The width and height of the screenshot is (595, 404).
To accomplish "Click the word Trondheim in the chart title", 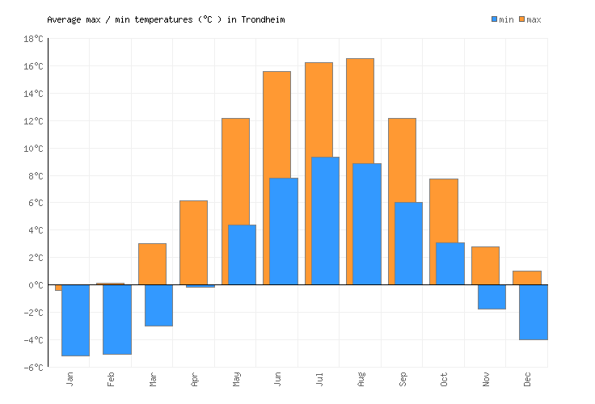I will click(x=263, y=19).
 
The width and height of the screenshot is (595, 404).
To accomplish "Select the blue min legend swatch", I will click(x=494, y=19).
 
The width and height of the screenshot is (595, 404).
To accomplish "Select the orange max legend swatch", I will click(x=521, y=19).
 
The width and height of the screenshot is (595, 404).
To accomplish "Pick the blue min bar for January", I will click(x=75, y=320).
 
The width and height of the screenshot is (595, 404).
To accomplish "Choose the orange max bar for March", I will click(x=152, y=263).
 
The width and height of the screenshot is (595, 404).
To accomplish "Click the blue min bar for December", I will click(x=533, y=312).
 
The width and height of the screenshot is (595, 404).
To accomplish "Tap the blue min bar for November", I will click(x=492, y=297).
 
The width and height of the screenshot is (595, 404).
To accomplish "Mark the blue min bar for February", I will click(x=117, y=319).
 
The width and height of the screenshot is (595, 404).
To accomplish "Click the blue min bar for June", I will click(x=283, y=231).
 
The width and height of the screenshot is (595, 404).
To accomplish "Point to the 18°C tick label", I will click(x=33, y=39).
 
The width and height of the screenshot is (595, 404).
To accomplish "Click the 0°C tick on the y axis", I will click(x=35, y=285).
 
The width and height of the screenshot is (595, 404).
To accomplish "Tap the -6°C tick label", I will click(x=33, y=368).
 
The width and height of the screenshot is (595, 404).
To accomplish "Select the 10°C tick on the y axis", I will click(x=33, y=149).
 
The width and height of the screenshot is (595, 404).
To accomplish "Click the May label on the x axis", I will click(x=236, y=378).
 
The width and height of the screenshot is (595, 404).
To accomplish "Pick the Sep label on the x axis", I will click(x=403, y=378).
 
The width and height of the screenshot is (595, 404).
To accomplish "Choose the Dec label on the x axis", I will click(x=527, y=378).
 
